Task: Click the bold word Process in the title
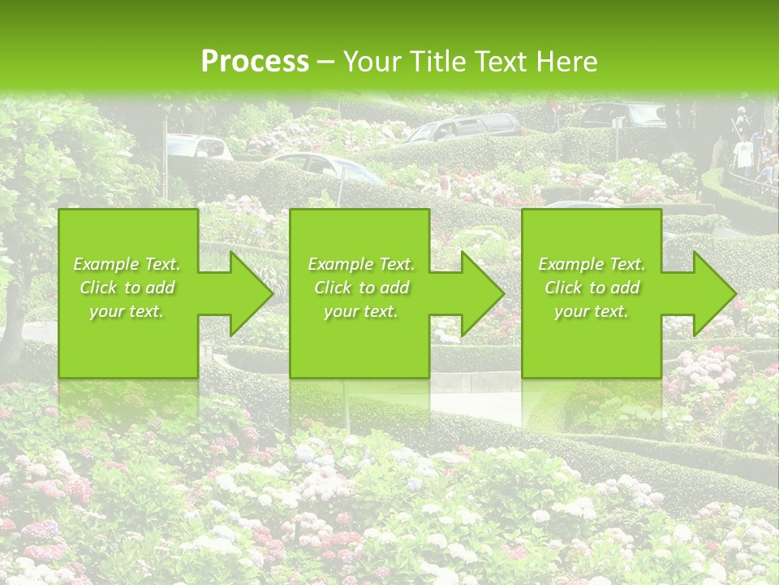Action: (x=255, y=62)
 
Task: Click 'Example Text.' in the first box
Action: (x=127, y=264)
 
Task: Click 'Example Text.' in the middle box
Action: (x=361, y=264)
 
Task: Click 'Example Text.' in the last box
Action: (x=592, y=264)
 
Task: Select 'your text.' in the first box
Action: (x=127, y=311)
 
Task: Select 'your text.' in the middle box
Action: (x=361, y=311)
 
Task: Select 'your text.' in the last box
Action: (x=592, y=311)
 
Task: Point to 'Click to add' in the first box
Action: (x=127, y=288)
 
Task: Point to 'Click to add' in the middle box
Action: (x=361, y=288)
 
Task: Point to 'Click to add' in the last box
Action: (x=592, y=288)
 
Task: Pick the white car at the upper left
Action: (x=199, y=146)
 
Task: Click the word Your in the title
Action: (x=370, y=62)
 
